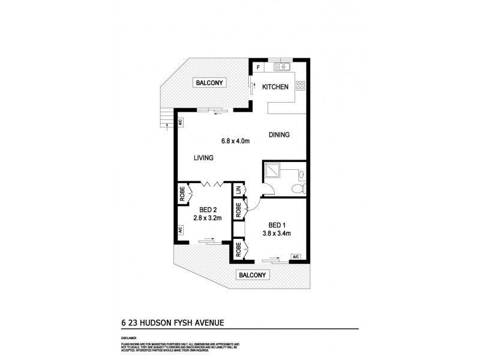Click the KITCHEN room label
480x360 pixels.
pos(275,88)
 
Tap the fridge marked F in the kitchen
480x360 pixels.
pos(258,67)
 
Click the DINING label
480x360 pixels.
pos(279,135)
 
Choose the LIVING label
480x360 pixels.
pos(204,158)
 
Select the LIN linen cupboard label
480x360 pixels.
pos(238,190)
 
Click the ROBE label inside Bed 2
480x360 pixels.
pos(181,194)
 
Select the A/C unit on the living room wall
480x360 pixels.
pos(179,122)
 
